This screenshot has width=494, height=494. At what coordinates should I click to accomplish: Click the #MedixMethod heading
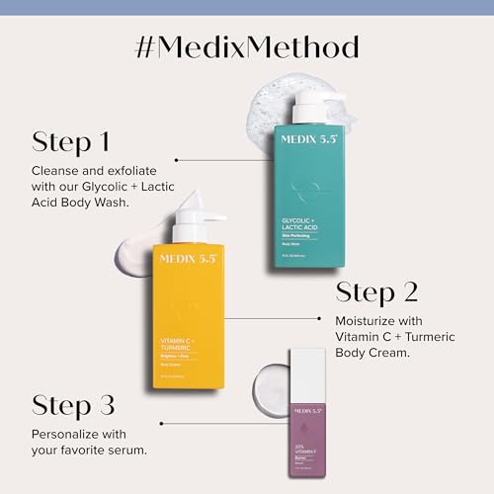pos(247,46)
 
